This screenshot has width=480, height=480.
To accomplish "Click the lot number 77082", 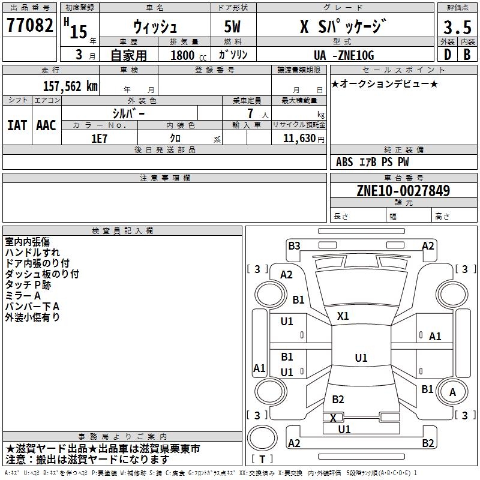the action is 29,25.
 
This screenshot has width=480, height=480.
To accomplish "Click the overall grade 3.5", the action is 457,27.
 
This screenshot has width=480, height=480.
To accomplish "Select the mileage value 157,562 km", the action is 70,86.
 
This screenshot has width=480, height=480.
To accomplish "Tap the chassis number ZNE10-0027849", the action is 403,190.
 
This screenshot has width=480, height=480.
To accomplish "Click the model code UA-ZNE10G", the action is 344,55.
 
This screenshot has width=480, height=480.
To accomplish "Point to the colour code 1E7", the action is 99,139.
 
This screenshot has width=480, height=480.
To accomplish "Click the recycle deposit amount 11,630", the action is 299,139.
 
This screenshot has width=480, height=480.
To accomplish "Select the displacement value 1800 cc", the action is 188,55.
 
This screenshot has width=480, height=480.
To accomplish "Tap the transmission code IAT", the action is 17,125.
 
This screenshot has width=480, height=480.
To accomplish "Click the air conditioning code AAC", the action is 46,125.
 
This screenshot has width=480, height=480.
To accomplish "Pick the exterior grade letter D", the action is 448,55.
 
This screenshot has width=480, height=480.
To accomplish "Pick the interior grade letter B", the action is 467,55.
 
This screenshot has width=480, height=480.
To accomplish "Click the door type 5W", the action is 232,26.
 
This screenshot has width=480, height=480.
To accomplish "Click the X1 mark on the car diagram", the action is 343,316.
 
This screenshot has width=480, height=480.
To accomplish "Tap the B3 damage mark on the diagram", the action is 294,246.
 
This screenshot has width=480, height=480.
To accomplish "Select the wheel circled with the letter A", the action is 452,392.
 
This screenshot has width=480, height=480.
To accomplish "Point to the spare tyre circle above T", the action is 262,438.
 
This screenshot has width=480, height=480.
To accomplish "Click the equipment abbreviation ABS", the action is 344,162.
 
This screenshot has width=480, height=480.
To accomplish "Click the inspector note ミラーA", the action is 23,296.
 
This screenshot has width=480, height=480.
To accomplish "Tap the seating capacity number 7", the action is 250,113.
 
